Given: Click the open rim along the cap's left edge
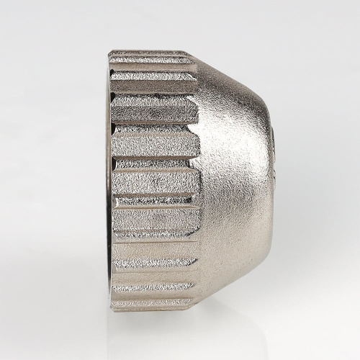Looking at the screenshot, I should coord(110,180).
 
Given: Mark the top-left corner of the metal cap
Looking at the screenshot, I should coord(110,52).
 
